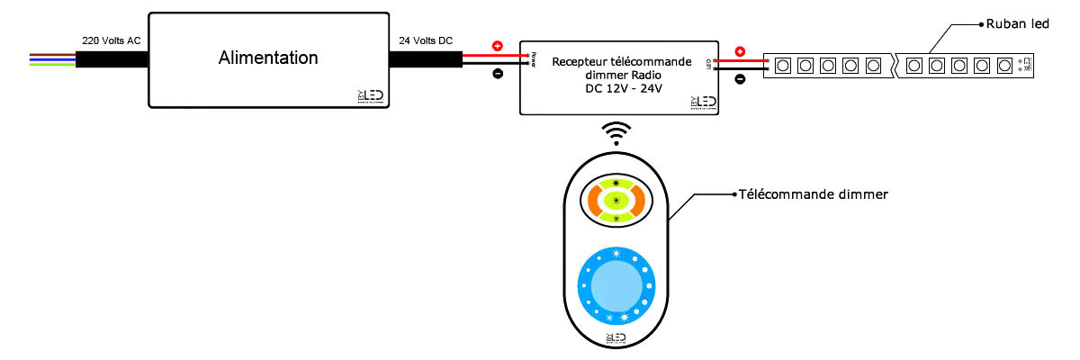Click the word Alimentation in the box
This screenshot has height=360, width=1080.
[x=268, y=58]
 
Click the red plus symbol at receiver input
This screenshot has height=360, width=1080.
[x=498, y=46]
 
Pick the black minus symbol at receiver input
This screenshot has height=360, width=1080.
[x=498, y=75]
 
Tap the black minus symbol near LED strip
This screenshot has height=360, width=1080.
[x=740, y=79]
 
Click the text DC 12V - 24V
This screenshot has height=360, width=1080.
[x=621, y=90]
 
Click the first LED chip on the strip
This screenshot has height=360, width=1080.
[x=783, y=65]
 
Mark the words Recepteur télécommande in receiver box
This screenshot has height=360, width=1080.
[x=621, y=62]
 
